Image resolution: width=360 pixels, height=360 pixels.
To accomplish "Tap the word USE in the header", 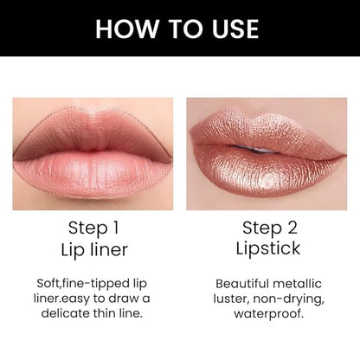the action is coord(235,29).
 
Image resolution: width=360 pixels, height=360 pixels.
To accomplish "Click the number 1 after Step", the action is coord(115,228).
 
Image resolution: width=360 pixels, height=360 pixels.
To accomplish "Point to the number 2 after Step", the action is coord(292,228).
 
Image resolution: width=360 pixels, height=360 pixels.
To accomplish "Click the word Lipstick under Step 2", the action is coord(268,248).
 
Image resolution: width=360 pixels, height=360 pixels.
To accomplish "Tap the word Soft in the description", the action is coord(48,283).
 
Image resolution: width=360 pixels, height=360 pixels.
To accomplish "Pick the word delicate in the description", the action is coord(66,313).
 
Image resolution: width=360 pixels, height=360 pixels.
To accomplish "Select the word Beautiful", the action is coord(242,284).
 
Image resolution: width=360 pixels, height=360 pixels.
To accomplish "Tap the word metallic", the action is coord(297,284).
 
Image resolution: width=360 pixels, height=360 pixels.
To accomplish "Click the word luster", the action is coord(232,299).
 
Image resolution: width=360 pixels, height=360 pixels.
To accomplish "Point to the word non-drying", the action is coord(289,299).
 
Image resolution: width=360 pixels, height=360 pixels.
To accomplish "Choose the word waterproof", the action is coord(268,313).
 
